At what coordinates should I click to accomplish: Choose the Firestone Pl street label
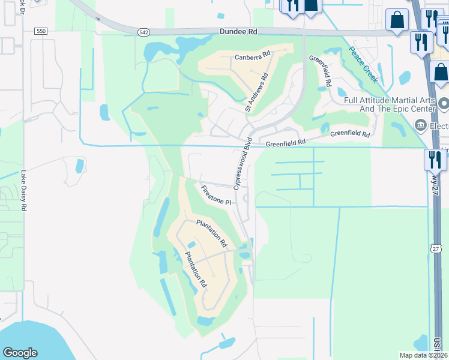coord(215,196)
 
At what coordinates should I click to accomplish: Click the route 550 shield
coord(41,31)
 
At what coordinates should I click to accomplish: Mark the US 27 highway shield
coord(436,247)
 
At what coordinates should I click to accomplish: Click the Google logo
coord(20,353)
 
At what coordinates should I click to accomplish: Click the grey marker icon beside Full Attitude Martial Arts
coord(444,104)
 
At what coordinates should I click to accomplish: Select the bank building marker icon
coord(420,125)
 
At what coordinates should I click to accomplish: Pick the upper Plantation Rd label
coord(212,234)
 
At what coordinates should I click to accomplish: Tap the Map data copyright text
coord(424,355)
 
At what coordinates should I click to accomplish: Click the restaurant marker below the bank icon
coord(435,160)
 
